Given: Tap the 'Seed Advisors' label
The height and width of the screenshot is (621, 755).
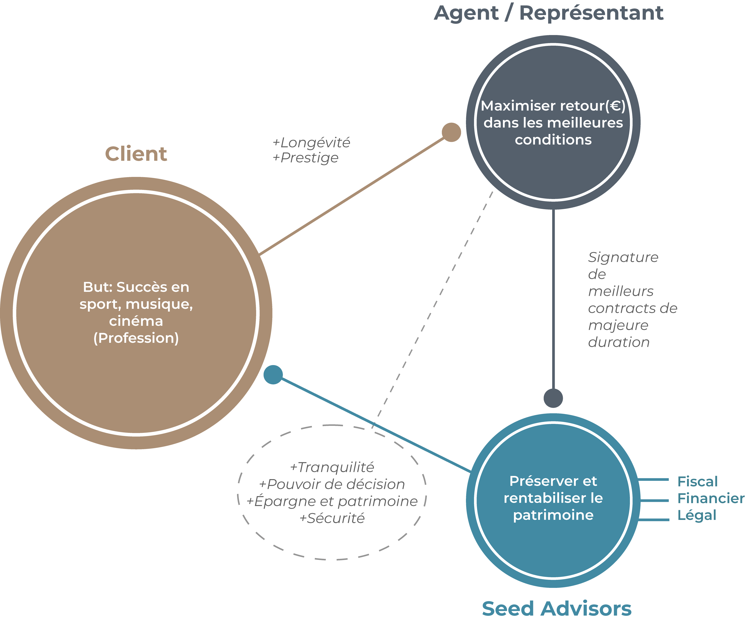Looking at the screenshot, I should click(x=556, y=609).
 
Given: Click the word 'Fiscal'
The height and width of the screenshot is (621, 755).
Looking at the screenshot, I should click(x=697, y=481).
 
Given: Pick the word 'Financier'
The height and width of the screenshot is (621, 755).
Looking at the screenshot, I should click(x=711, y=498).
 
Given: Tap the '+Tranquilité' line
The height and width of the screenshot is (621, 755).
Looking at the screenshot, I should click(x=332, y=467).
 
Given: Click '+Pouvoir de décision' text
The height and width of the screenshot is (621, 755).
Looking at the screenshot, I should click(x=332, y=484).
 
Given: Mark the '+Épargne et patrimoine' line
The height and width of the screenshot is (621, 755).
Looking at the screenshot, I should click(x=332, y=501).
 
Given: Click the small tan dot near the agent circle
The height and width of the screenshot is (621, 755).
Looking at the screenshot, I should click(x=451, y=132).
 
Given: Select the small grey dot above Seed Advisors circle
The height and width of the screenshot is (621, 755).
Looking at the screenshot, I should click(x=553, y=398).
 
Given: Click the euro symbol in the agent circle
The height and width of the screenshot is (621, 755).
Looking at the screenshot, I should click(x=615, y=106).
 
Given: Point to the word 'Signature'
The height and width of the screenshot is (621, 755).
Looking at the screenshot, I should click(x=623, y=257).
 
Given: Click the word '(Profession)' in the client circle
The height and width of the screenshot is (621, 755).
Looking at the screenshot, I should click(x=136, y=338).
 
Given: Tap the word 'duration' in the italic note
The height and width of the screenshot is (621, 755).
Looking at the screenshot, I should click(x=619, y=342).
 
